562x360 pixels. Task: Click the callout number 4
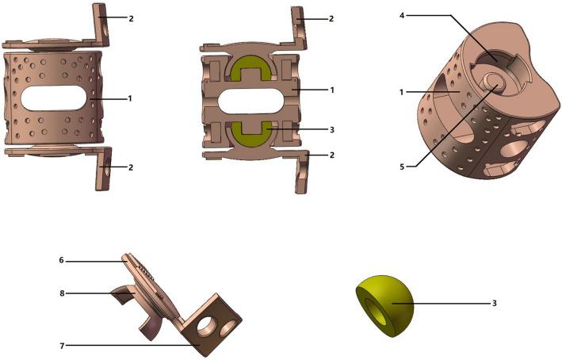coord(402,16)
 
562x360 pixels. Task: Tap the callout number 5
coord(402,167)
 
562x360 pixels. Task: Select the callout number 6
coord(61,260)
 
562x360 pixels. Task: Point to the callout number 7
coord(62,346)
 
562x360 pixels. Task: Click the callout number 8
coord(62,293)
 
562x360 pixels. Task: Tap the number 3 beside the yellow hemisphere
coord(495,304)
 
